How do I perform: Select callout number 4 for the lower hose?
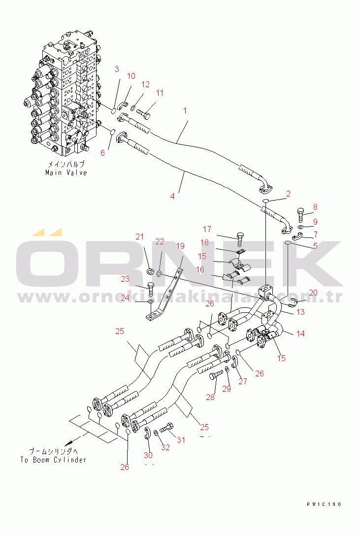click(x=172, y=196)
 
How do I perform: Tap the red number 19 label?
click(x=180, y=246)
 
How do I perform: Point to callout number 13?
click(x=300, y=312)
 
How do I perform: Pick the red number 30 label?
click(x=148, y=455)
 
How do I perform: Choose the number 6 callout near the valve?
click(x=102, y=153)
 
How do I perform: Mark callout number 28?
click(x=210, y=397)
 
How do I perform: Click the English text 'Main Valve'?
click(x=66, y=172)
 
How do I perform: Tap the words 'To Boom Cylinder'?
click(x=53, y=460)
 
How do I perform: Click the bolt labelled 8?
click(x=302, y=213)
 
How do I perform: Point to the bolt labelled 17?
click(x=240, y=239)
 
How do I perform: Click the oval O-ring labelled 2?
click(x=265, y=201)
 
